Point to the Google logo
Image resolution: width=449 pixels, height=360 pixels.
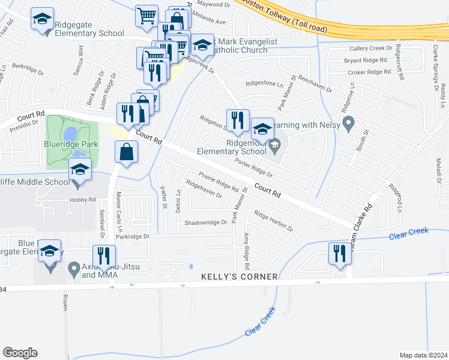[x=20, y=353]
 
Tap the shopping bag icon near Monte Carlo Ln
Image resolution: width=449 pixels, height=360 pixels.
[x=127, y=152]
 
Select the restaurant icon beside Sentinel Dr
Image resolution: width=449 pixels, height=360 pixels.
[x=104, y=256]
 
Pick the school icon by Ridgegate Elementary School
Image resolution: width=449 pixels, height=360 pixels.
[x=42, y=19]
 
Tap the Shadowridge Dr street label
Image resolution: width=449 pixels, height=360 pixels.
[x=206, y=222]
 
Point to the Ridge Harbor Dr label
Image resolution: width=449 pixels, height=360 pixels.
[x=273, y=221]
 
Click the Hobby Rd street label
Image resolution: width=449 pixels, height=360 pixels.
[x=82, y=199]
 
